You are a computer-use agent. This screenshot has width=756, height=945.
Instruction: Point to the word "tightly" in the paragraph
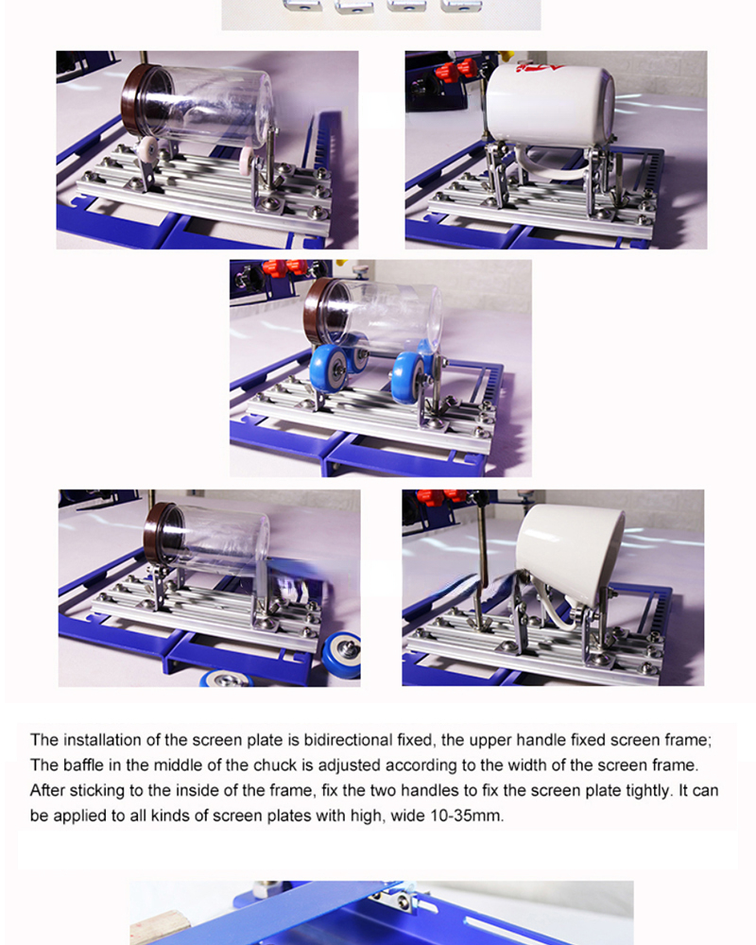[648, 790]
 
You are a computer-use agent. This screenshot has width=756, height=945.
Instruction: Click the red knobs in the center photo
[283, 267]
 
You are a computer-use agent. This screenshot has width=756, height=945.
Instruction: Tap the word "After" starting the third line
[45, 790]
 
